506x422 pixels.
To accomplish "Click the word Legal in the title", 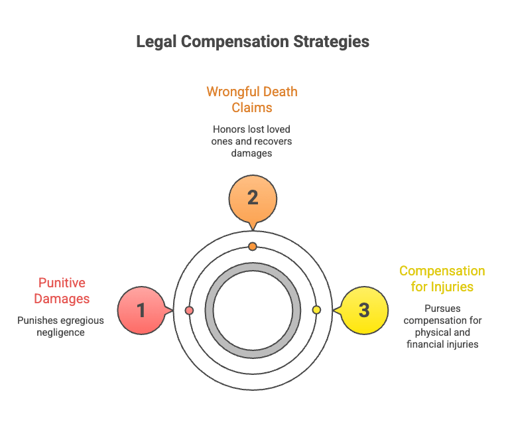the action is pos(157,42).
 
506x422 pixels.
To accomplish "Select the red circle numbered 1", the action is pos(141,311).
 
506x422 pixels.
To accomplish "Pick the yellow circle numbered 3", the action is pos(364,311).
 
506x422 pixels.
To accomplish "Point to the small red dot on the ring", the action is pos(189,311).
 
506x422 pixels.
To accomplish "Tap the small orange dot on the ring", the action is pos(253,247).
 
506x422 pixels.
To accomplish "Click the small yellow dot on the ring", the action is pos(316,310).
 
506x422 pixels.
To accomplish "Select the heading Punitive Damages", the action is pos(62,291).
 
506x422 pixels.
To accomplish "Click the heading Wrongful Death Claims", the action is pos(252,100).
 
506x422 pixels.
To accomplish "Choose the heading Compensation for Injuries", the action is pos(442,279).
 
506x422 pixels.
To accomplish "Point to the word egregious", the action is pos(82,321).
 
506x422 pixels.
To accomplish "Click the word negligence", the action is pos(60,332).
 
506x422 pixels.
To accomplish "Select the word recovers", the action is pos(274,141).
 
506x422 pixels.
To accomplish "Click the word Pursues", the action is pos(442,309).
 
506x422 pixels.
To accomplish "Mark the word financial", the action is pos(422,344).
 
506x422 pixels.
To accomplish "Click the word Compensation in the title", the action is pos(235,42).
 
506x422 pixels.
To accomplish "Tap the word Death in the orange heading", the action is pos(280,92).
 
